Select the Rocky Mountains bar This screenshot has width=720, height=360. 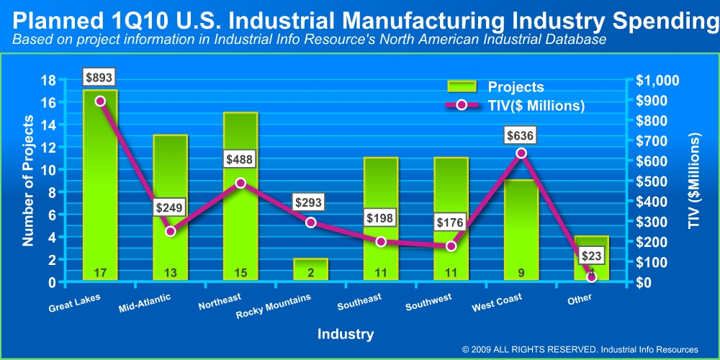310,269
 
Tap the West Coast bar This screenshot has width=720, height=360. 521,230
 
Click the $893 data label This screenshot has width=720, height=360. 99,77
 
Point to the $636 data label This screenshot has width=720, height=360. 521,135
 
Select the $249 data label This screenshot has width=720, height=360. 170,207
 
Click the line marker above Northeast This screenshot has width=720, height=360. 240,183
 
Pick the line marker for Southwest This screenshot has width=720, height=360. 451,246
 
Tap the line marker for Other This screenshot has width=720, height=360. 592,277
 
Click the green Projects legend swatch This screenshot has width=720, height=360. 462,86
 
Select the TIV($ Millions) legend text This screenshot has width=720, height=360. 536,105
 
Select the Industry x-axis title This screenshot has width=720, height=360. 346,334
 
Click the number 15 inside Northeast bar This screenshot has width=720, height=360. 240,273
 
